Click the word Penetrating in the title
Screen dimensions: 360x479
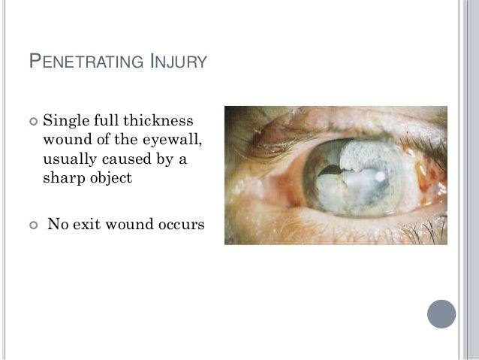(82, 61)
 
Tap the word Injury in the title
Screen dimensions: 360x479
(175, 61)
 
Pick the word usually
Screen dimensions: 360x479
(71, 159)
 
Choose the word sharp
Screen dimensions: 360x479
(63, 178)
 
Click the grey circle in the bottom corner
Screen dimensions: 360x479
(441, 313)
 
